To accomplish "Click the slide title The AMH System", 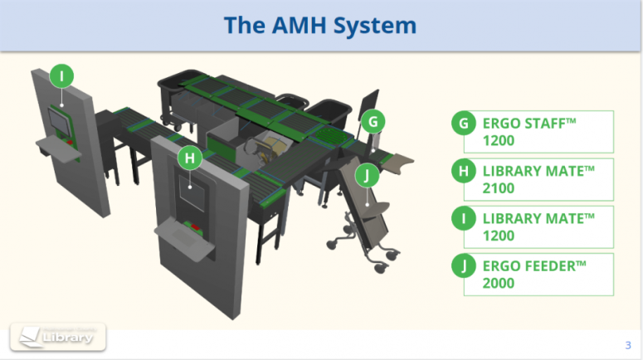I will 320,25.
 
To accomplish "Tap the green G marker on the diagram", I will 373,122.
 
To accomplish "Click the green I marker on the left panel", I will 61,75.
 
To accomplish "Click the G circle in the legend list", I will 463,124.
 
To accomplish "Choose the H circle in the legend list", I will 463,172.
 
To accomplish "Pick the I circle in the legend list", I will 463,219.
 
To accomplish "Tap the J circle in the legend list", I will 463,266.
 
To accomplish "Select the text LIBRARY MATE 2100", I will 538,179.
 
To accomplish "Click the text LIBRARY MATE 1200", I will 538,226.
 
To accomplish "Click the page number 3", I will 627,345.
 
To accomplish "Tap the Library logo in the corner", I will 57,338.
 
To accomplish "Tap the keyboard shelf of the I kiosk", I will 58,150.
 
